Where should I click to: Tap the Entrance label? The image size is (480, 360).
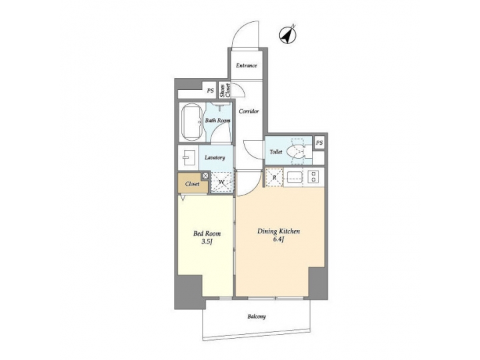tap(247, 65)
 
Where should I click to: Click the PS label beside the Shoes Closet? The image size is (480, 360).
tap(211, 90)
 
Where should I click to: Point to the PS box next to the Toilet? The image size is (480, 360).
tap(319, 143)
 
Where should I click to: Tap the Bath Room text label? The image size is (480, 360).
tap(218, 121)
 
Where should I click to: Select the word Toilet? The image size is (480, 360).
tap(276, 152)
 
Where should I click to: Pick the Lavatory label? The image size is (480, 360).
tap(215, 158)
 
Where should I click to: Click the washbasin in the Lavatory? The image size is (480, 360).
tap(187, 159)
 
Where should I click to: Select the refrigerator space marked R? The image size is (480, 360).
tap(273, 178)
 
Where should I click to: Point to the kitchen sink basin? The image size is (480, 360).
tap(295, 177)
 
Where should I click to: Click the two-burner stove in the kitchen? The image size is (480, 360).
tap(314, 177)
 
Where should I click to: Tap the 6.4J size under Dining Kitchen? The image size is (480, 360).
tap(279, 241)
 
